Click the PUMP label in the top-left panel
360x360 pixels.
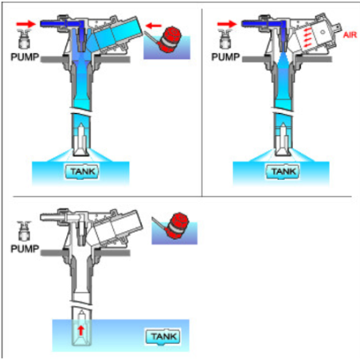[x=25, y=57]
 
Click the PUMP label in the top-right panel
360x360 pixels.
[x=225, y=57]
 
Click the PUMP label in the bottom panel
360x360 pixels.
[x=25, y=248]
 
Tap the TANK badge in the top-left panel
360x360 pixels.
[x=82, y=172]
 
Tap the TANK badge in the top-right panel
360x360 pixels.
[x=283, y=172]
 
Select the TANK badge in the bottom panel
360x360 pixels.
[x=163, y=337]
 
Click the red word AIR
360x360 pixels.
[x=350, y=35]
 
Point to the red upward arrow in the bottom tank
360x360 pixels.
[x=81, y=331]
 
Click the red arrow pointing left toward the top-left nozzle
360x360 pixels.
[x=154, y=26]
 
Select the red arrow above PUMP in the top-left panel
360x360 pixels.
[x=25, y=24]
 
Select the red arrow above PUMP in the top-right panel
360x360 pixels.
[x=227, y=24]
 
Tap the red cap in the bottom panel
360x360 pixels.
[x=176, y=225]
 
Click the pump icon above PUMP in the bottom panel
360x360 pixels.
[x=25, y=231]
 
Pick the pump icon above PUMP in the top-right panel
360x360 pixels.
[x=225, y=39]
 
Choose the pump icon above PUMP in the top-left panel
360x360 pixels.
[x=25, y=39]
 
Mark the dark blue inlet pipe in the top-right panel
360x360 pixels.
[x=261, y=24]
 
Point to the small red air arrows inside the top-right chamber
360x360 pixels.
[x=307, y=37]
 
